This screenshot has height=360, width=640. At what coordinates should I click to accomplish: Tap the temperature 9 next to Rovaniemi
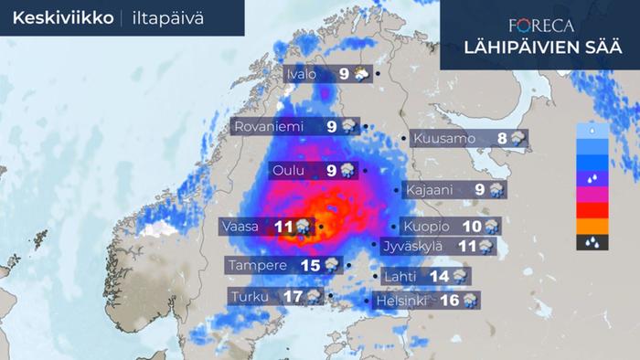pos(332,127)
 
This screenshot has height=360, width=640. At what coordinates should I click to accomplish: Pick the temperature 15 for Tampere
pos(310,265)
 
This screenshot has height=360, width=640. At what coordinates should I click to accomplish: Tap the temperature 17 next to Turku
pos(293,296)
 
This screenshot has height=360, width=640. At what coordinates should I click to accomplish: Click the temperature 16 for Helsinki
pos(448,300)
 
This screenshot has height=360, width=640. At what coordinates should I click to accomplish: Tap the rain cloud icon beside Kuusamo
pos(518,139)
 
